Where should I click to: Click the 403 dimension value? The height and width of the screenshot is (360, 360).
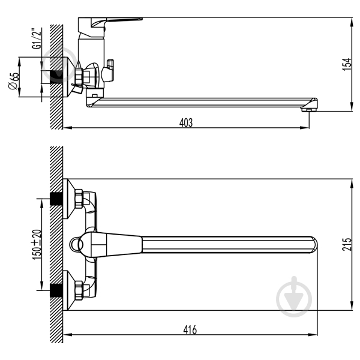point(186,122)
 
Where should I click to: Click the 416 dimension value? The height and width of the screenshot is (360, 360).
point(190,329)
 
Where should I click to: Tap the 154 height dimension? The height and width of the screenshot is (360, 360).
point(347,64)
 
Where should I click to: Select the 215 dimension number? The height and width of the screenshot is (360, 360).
point(347,244)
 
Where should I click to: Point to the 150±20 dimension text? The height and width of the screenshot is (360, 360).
point(37,245)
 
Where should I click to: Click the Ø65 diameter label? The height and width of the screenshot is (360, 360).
point(13,81)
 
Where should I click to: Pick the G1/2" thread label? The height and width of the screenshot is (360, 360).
point(37,38)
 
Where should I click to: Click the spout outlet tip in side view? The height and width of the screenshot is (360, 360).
point(309,110)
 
